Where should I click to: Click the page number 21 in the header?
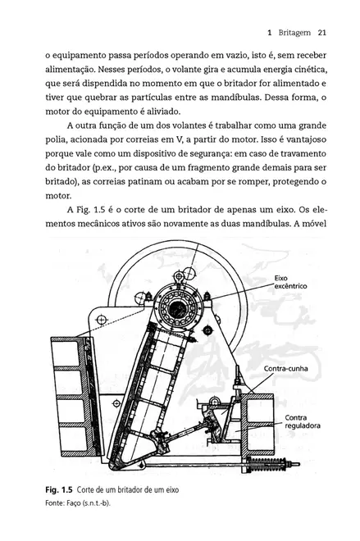[x=322, y=33]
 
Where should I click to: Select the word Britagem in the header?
[x=294, y=33]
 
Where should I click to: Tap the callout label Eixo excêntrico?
[x=290, y=282]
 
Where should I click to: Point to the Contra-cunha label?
[x=286, y=369]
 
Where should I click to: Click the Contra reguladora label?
[x=303, y=421]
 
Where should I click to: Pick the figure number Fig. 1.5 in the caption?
[x=59, y=490]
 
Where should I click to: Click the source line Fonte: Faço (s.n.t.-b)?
[x=78, y=503]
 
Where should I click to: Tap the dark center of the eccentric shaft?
[x=178, y=307]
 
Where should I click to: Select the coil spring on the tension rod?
[x=267, y=464]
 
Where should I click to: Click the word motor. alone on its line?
[x=58, y=196]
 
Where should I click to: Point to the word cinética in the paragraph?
[x=311, y=70]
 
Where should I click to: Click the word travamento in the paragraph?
[x=305, y=153]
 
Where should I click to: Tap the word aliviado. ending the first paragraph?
[x=164, y=111]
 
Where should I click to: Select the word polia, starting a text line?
[x=56, y=140]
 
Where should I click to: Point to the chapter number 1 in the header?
[x=270, y=33]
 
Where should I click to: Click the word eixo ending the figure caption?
[x=173, y=490]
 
